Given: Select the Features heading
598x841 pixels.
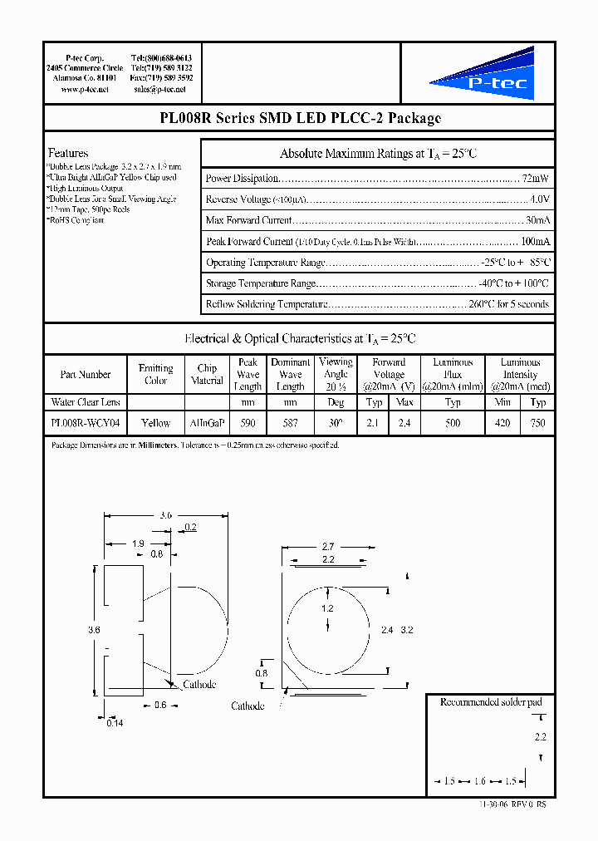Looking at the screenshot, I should (68, 153).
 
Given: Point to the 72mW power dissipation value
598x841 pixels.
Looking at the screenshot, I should (535, 179).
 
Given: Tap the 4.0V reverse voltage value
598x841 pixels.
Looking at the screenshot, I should (539, 199).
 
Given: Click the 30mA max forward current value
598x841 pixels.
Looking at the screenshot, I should (537, 220).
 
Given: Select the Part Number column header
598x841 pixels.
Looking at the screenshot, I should (85, 375).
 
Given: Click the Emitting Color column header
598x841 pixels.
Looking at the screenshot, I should (155, 374).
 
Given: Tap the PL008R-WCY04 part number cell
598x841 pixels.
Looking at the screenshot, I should (85, 423).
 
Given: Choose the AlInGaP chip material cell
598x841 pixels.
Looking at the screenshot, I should (207, 423).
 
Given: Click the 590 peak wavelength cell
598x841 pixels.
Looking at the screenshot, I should (248, 423).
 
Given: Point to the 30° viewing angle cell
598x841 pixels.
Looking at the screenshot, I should (336, 423).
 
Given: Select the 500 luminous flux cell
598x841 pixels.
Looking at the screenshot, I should (452, 423).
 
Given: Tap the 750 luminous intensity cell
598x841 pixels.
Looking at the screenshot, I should (538, 423).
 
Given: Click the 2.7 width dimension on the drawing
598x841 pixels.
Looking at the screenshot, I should (327, 547).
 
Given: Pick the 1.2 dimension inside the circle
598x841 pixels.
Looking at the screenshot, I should (327, 608).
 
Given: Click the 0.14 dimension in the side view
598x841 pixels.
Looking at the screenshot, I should (115, 723).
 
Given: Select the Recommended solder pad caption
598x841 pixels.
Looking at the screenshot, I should (490, 702).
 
